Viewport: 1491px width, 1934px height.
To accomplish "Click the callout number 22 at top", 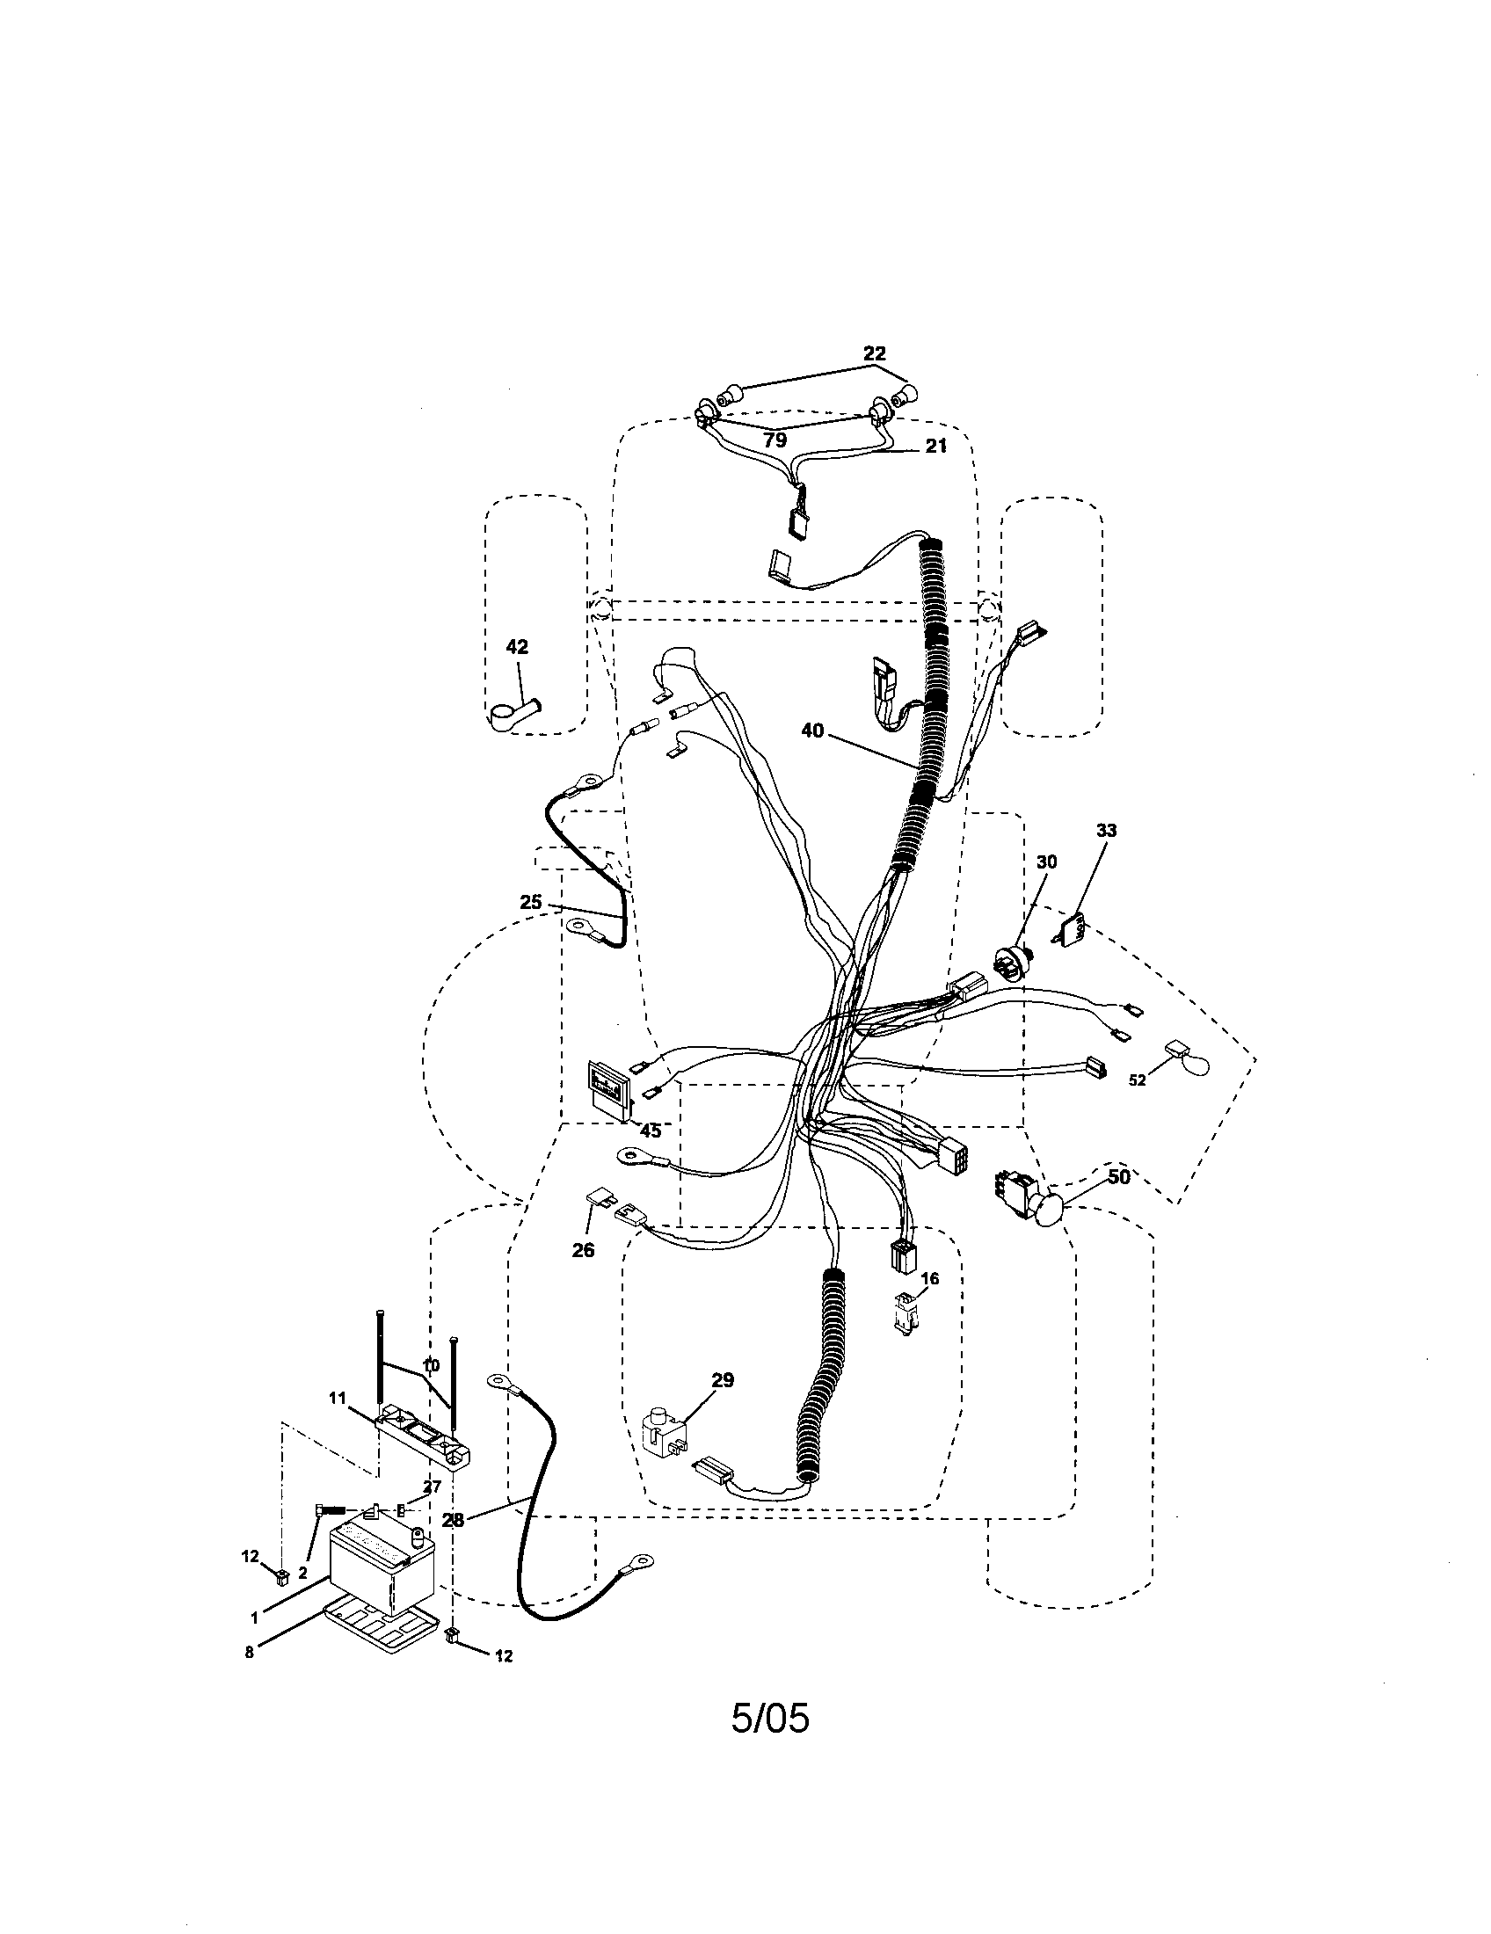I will point(874,353).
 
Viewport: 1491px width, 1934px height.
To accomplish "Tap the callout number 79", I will point(774,439).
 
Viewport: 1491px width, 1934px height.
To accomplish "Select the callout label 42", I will point(517,647).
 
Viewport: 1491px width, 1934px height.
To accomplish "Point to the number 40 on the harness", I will point(812,731).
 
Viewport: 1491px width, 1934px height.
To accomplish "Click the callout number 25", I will point(530,902).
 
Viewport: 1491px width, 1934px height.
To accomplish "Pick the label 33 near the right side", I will point(1106,831).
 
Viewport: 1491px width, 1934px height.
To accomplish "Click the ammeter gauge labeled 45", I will point(609,1090).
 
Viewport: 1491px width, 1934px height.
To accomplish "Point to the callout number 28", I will point(454,1520).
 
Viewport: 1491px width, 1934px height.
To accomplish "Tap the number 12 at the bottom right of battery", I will point(503,1656).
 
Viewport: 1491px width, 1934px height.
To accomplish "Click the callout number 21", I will point(936,447).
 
